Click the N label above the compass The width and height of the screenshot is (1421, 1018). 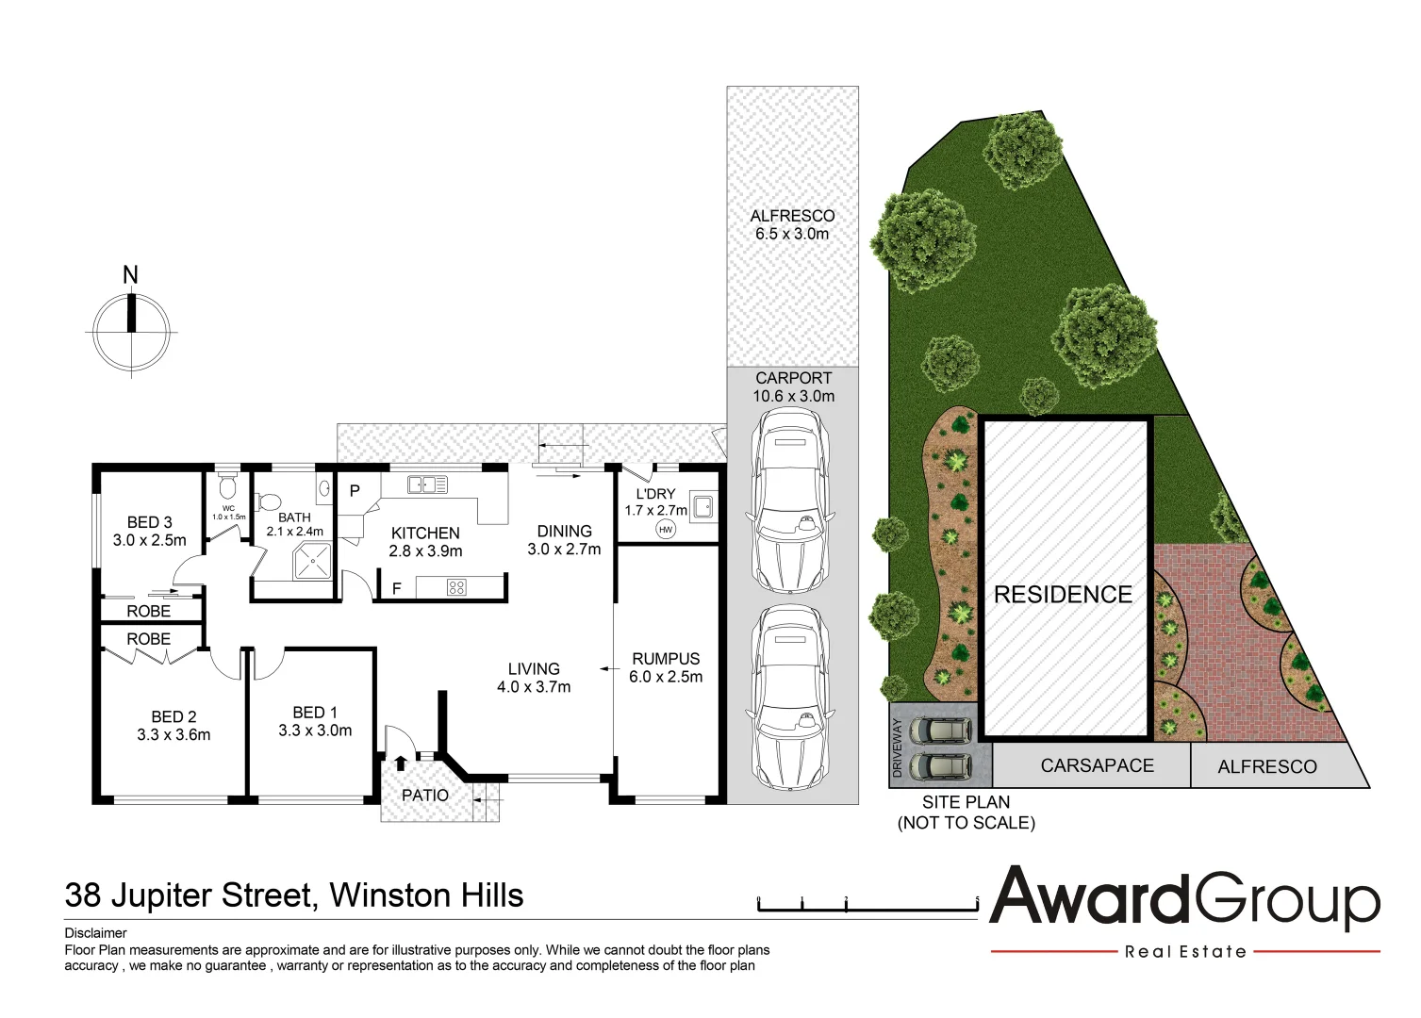(130, 275)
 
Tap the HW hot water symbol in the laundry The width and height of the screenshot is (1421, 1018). (666, 530)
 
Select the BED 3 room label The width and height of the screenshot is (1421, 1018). (149, 522)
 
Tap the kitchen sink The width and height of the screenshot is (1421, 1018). (426, 485)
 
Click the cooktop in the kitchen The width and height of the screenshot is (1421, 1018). (455, 588)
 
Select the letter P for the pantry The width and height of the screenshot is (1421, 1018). (355, 491)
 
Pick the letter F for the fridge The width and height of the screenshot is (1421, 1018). (396, 588)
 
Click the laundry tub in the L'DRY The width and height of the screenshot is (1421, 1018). (702, 507)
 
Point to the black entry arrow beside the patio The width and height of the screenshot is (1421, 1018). (400, 763)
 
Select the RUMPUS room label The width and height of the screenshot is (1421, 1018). (666, 659)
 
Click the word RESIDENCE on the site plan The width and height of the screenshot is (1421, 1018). (1063, 595)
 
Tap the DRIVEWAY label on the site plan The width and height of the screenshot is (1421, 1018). (898, 748)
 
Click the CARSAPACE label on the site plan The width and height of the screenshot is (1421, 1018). (1097, 766)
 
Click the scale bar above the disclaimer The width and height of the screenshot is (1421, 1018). (867, 908)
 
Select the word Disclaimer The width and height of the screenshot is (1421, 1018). (95, 933)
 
